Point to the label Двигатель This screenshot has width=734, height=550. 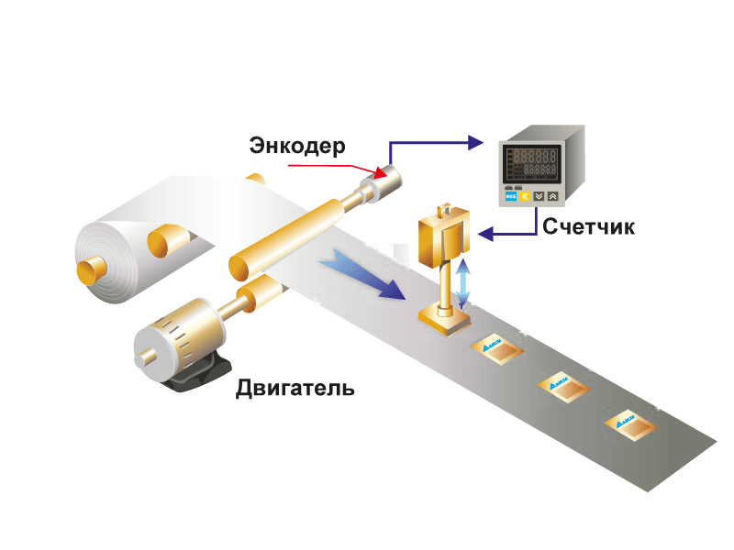click(295, 387)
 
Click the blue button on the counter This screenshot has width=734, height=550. click(508, 196)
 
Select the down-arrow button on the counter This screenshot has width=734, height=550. click(539, 196)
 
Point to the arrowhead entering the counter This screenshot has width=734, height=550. click(475, 142)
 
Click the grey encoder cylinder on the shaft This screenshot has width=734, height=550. click(384, 185)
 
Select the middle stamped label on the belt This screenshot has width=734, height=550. click(562, 383)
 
